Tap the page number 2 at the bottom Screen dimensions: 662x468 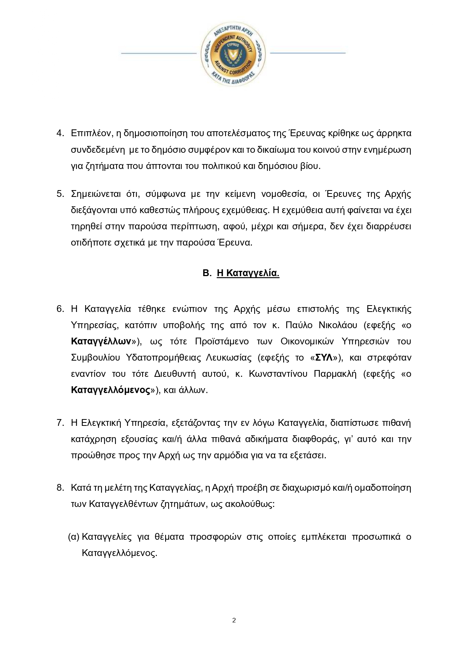click(x=234, y=620)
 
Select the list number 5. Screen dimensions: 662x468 click(x=60, y=194)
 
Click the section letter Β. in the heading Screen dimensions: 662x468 click(x=207, y=273)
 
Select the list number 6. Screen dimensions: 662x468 click(x=60, y=309)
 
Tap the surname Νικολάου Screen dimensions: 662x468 click(x=338, y=325)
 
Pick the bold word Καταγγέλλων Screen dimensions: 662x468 click(x=101, y=341)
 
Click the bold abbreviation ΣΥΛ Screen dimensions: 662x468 click(x=323, y=358)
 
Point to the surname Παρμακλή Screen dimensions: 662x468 click(x=335, y=374)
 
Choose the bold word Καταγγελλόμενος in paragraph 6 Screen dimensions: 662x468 click(x=110, y=390)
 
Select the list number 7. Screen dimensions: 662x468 click(x=60, y=422)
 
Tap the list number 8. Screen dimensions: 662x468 click(x=60, y=488)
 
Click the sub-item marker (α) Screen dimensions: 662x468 click(x=74, y=537)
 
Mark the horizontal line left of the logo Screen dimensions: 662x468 click(x=158, y=53)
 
